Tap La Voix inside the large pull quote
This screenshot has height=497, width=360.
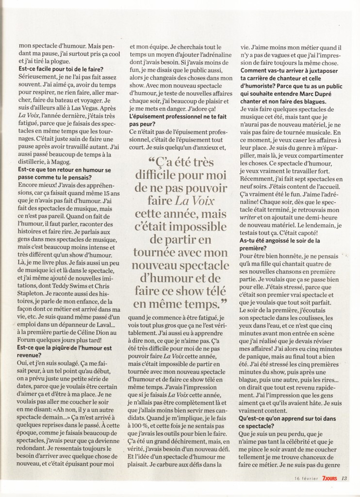(198, 200)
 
